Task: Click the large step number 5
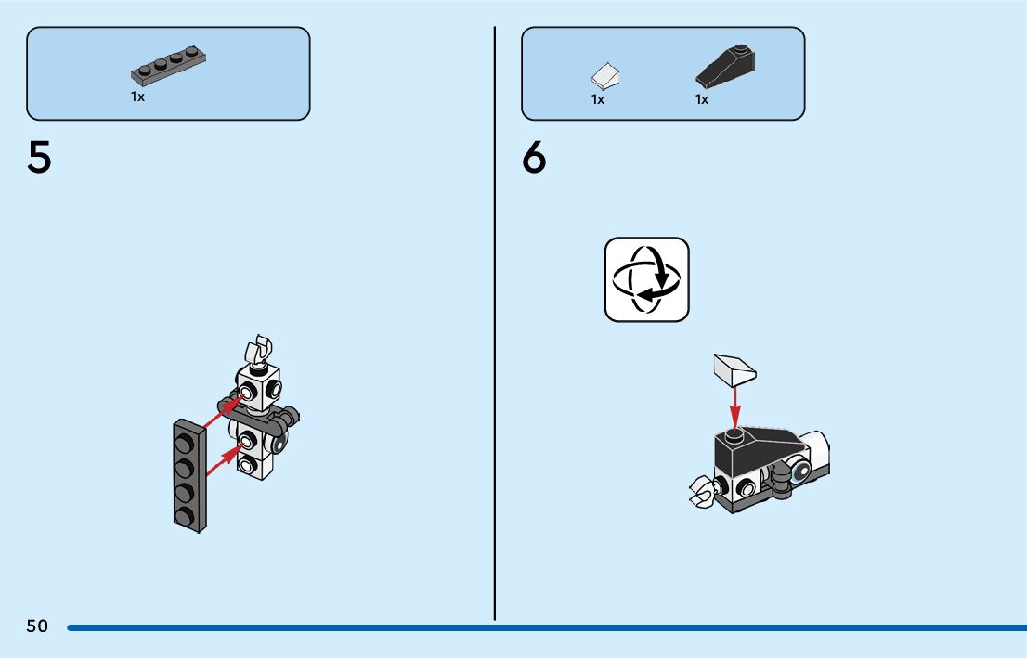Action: pos(39,159)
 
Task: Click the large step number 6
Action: pos(534,159)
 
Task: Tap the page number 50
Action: pos(37,626)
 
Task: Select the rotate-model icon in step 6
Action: pos(647,279)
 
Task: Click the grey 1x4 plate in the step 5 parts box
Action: pos(168,68)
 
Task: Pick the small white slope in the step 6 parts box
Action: pos(605,74)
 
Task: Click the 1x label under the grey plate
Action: pos(137,97)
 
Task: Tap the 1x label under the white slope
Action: pos(598,99)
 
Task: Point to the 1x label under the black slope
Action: pos(702,99)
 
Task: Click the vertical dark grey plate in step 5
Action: pos(188,475)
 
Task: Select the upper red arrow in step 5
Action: pos(228,410)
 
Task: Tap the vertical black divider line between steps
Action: pos(495,325)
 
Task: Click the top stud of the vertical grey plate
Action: pos(184,439)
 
